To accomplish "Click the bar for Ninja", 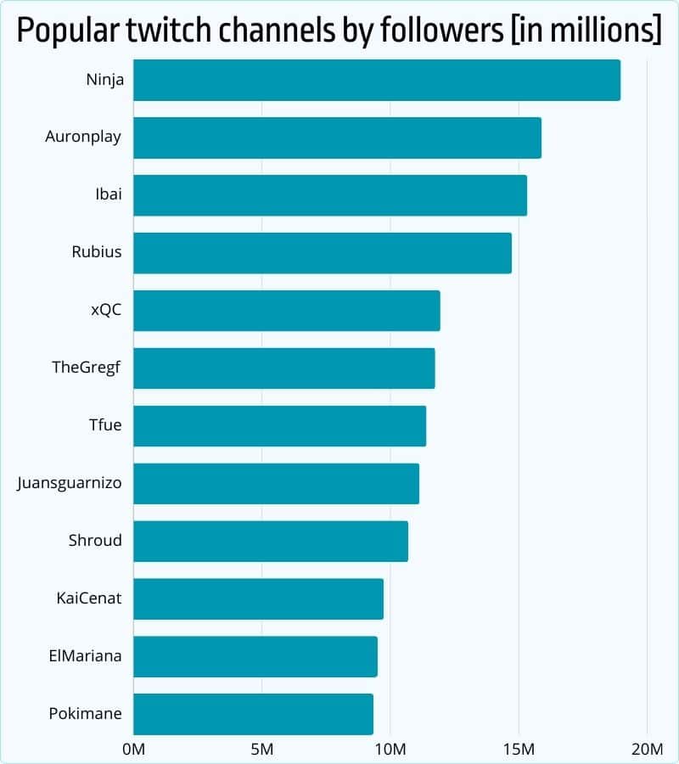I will point(377,81).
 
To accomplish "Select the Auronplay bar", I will point(337,138).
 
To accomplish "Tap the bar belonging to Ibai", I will point(330,195).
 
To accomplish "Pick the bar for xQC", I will point(287,311).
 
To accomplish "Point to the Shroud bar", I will point(271,541).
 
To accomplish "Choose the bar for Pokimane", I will point(253,714).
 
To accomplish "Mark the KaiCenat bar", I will point(258,598).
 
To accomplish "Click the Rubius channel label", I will point(97,252).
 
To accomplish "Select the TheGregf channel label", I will point(87,368).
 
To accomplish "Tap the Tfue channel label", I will point(105,424).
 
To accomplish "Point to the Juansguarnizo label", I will point(70,483).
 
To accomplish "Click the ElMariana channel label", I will point(85,656).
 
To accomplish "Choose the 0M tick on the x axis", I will point(134,750).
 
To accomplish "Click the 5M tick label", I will point(262,750).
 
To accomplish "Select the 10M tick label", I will point(390,750).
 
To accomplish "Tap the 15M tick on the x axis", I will point(519,750).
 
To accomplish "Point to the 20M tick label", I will point(647,750).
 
